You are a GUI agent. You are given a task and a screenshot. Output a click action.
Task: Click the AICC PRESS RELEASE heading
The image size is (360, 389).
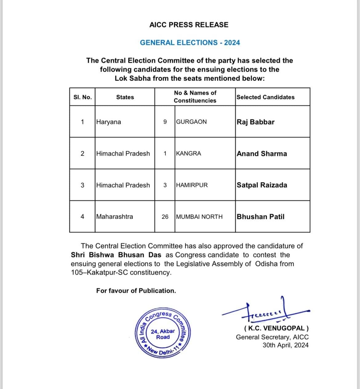pos(189,25)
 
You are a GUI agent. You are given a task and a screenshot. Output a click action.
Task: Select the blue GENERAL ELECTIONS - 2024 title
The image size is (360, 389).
pos(190,43)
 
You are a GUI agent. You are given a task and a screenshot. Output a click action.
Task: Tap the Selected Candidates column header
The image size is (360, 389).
pos(266,97)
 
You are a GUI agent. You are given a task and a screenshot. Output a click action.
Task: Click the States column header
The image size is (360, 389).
pos(125,97)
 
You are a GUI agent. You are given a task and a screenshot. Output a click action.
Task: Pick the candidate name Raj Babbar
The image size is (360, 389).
pos(255,122)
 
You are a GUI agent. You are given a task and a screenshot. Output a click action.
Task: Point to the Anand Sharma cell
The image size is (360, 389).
pos(262,154)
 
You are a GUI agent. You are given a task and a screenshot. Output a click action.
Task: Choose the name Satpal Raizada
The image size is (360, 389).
pos(262,185)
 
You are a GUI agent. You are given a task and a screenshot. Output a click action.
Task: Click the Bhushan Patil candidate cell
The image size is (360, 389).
pos(260,217)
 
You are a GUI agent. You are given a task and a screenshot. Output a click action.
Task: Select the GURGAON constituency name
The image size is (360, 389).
pos(191,122)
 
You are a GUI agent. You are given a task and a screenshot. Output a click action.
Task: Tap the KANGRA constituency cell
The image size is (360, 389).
pos(189,153)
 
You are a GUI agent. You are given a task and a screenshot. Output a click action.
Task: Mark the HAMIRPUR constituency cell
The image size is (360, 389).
pos(192,185)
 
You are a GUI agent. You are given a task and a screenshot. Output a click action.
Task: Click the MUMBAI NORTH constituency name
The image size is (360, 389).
pos(199,217)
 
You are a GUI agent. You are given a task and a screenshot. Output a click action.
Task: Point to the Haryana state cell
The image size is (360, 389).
pos(109,122)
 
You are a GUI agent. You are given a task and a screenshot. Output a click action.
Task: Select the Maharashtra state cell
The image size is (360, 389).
pos(114,217)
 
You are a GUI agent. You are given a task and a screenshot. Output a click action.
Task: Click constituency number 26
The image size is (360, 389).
pos(165,217)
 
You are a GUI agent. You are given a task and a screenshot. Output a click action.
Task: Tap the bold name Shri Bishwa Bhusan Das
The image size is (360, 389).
pos(116,255)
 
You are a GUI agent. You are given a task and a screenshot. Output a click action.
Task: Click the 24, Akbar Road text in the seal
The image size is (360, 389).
pos(163,334)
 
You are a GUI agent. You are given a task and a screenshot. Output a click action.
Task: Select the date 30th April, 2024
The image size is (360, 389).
pos(285,345)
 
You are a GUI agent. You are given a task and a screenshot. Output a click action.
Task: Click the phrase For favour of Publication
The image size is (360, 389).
pos(136,291)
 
